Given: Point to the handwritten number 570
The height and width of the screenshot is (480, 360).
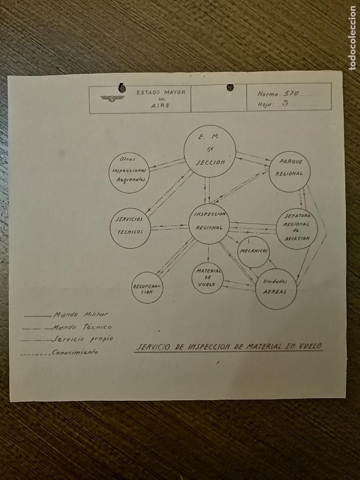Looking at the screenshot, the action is [291, 94].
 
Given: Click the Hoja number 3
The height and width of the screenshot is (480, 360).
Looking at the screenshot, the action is [285, 103].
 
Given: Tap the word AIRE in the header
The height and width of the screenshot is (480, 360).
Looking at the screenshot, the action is [160, 106].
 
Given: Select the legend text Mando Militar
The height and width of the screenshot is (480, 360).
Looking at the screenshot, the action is [81, 314].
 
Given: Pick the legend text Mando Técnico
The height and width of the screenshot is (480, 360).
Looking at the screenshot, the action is [82, 327].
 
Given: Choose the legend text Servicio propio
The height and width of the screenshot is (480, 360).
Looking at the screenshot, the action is [83, 339].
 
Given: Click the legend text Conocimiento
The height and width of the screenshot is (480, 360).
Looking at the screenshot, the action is [75, 352].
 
